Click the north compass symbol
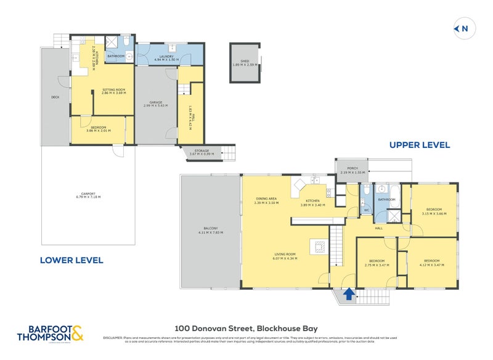click(x=461, y=28)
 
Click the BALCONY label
click(x=210, y=231)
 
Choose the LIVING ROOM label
click(x=285, y=256)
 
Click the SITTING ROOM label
click(x=113, y=91)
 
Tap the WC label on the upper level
click(x=367, y=210)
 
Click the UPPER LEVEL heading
click(x=419, y=145)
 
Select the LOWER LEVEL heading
click(x=71, y=260)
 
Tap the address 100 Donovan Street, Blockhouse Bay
click(x=246, y=329)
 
